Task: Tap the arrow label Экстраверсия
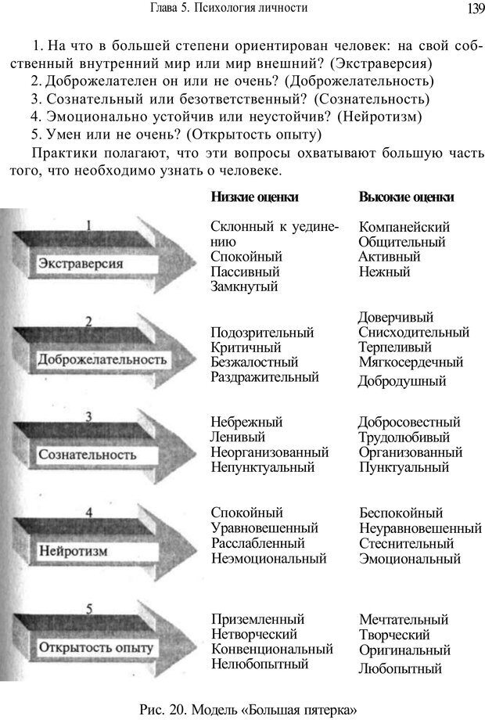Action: pos(81,264)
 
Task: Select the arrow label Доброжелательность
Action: pos(102,360)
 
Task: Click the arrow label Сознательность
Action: pos(87,454)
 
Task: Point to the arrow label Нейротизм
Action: pos(73,551)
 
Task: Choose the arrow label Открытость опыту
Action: pos(96,648)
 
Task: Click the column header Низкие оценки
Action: pos(254,197)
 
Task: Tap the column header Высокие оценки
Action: pos(406,197)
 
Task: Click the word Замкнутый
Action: pos(244,286)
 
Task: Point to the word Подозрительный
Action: pos(262,333)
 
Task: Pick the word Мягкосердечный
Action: pos(411,362)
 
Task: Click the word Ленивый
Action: pos(238,437)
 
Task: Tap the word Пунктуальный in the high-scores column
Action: pos(404,467)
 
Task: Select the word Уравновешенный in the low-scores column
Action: pos(264,528)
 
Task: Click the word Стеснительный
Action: pos(406,543)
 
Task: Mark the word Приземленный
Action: pos(257,618)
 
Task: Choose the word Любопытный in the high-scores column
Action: pos(400,668)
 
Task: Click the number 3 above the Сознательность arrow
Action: pos(88,417)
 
